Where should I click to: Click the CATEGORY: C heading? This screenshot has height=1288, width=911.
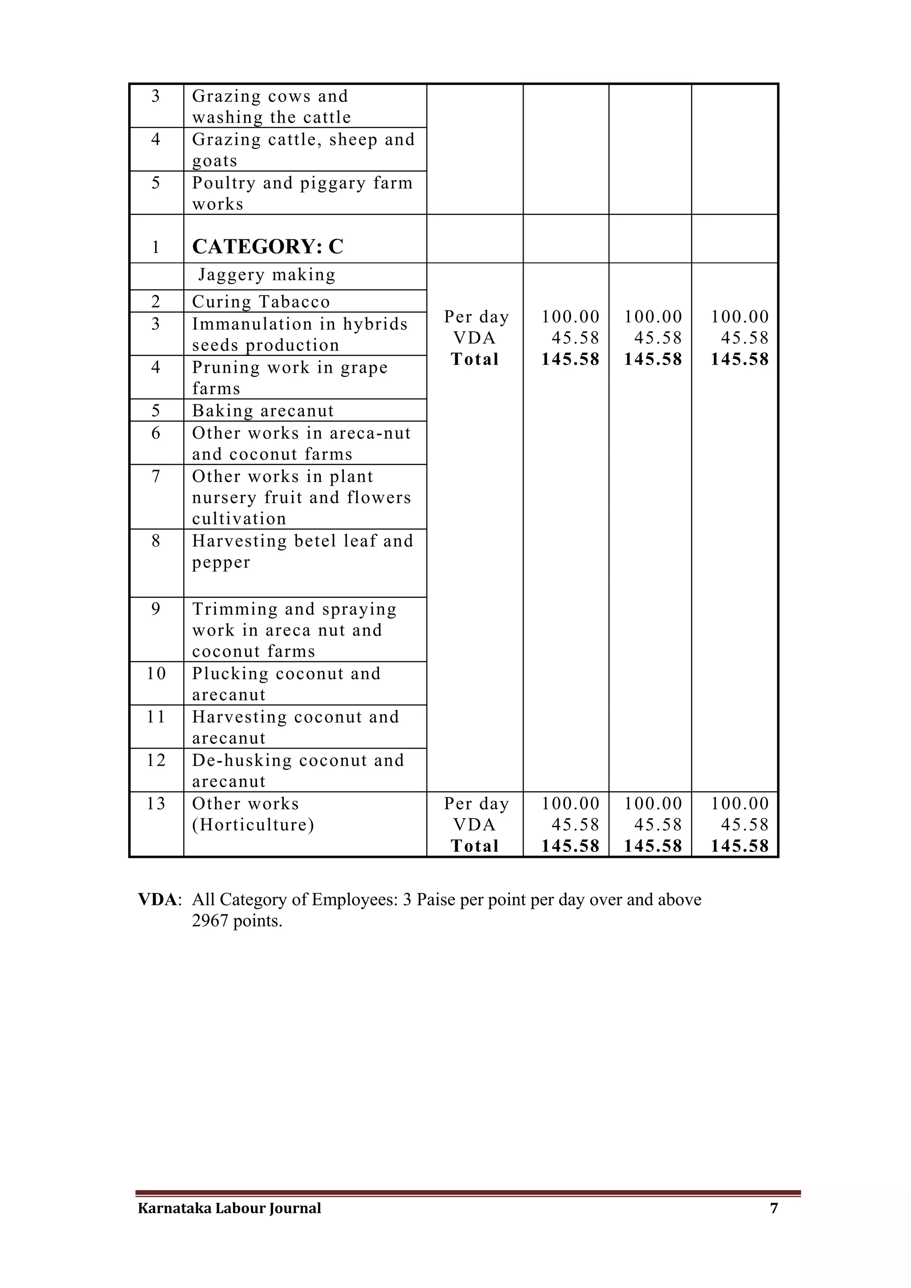[x=268, y=246]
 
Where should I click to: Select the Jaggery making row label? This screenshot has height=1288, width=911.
[x=267, y=275]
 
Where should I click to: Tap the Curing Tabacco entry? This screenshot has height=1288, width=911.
[x=261, y=302]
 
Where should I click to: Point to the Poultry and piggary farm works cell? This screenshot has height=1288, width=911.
[x=302, y=193]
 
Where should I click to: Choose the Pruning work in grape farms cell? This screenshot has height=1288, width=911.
[x=290, y=378]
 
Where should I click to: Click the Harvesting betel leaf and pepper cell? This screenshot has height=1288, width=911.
[x=302, y=551]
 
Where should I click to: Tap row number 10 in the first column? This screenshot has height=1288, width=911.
[x=156, y=673]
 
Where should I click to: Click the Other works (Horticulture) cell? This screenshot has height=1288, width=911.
[x=252, y=814]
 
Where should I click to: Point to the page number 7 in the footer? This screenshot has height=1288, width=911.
[x=774, y=1208]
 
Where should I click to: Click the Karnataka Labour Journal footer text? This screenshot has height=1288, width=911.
[x=230, y=1208]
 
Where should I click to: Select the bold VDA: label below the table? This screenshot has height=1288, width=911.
[x=159, y=900]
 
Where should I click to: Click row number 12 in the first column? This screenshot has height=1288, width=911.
[x=156, y=760]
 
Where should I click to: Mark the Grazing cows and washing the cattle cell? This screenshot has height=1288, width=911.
[x=271, y=107]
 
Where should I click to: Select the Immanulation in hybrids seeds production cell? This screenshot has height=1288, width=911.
[x=299, y=334]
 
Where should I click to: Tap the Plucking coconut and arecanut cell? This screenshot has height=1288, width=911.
[x=286, y=684]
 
